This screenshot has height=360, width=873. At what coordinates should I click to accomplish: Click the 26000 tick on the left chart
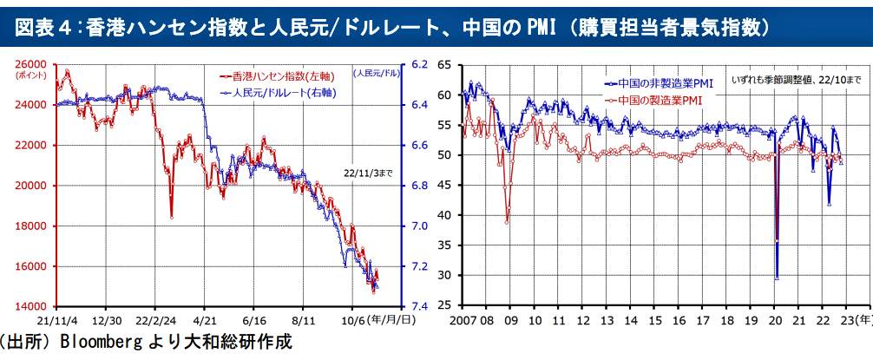pyautogui.click(x=32, y=64)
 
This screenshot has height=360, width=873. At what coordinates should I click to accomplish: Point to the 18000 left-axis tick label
pyautogui.click(x=32, y=226)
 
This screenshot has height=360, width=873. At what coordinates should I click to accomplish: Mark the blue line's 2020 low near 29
pyautogui.click(x=776, y=278)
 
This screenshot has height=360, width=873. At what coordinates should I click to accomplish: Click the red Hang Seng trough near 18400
pyautogui.click(x=171, y=216)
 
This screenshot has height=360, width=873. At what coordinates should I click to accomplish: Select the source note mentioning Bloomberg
pyautogui.click(x=145, y=343)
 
